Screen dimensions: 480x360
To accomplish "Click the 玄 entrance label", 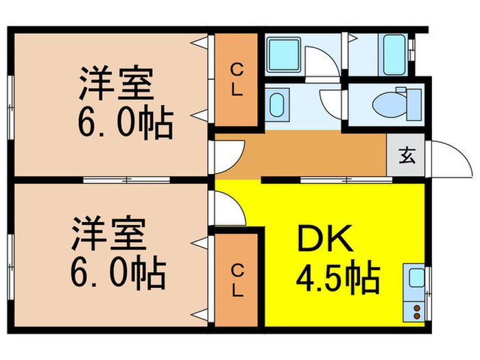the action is click(x=407, y=156).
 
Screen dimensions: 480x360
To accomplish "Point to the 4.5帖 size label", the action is click(x=338, y=277).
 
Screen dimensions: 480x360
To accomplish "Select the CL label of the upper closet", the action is click(x=237, y=80).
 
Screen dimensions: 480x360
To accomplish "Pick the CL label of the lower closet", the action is click(x=237, y=281).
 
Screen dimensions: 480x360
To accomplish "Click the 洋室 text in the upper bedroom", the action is click(x=117, y=83).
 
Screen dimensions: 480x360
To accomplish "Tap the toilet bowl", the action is click(x=389, y=105).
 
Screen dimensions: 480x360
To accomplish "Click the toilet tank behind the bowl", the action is click(x=414, y=104).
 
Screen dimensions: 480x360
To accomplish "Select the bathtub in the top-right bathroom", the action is click(x=394, y=55).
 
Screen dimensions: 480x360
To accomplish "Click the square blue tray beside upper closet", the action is click(x=283, y=55).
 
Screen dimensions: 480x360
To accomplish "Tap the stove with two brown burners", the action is click(x=414, y=311).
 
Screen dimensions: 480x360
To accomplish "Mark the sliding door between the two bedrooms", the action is click(x=126, y=180).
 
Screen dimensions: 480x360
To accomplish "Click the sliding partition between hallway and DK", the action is click(x=346, y=180).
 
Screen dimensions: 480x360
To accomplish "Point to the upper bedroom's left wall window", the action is click(x=11, y=107).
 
